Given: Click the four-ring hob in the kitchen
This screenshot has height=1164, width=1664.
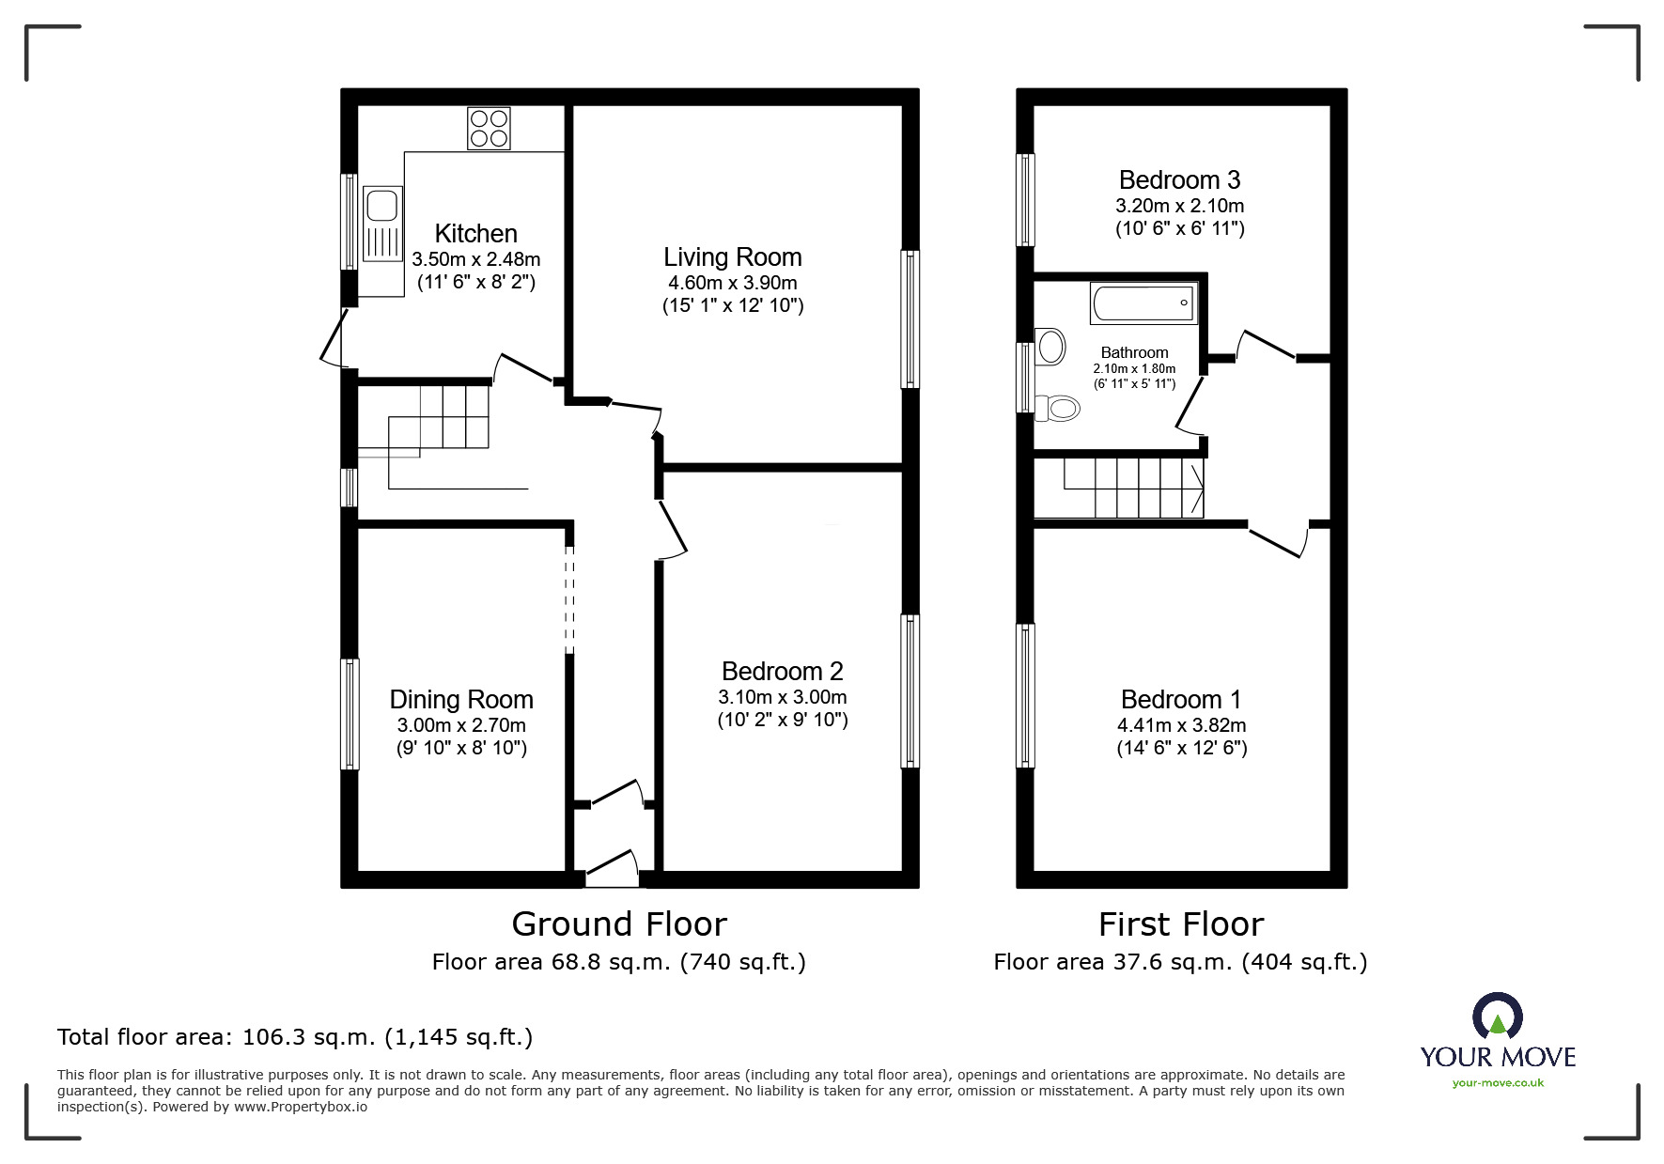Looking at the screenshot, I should click(489, 129).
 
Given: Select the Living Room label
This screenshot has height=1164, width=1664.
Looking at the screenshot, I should click(732, 256).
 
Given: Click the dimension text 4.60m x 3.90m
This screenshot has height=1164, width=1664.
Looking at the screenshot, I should click(732, 283).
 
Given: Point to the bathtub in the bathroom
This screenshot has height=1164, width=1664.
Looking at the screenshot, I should click(1143, 303).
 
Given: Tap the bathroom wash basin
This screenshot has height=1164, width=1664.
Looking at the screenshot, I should click(1050, 346).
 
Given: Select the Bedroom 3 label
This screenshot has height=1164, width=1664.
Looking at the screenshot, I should click(1179, 179).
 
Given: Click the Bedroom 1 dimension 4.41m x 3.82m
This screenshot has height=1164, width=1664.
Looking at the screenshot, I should click(1181, 725).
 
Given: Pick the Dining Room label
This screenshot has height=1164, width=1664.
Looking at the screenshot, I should click(461, 699).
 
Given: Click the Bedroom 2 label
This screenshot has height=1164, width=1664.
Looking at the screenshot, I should click(782, 671).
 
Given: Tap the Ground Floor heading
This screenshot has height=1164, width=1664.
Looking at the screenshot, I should click(619, 924).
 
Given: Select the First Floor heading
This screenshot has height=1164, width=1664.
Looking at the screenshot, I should click(1180, 924).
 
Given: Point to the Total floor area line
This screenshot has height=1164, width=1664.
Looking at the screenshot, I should click(295, 1037).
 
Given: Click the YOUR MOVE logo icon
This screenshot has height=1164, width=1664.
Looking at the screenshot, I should click(1497, 1017).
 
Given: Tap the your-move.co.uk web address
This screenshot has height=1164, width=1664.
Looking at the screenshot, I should click(1498, 1083).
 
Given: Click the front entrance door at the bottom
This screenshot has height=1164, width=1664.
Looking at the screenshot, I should click(612, 869).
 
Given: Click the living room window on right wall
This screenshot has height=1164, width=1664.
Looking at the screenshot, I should click(910, 319).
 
